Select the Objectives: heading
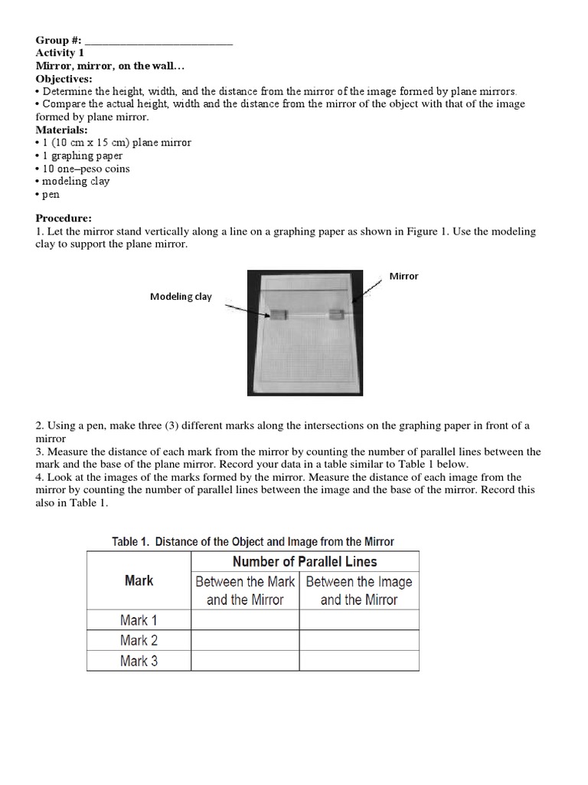[x=64, y=79]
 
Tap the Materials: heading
[x=61, y=130]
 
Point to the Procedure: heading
[x=64, y=218]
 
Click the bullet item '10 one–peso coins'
[x=86, y=169]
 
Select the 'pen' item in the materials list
[x=51, y=195]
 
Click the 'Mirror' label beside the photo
[x=403, y=276]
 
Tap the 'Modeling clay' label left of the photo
[x=181, y=297]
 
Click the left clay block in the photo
[x=279, y=314]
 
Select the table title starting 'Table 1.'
[x=253, y=541]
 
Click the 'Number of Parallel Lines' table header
[x=305, y=561]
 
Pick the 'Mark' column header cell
[x=139, y=580]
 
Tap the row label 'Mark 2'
[x=139, y=640]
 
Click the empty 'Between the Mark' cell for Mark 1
[x=244, y=619]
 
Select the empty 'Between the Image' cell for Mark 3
[x=359, y=660]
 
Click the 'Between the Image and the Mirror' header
[x=359, y=590]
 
